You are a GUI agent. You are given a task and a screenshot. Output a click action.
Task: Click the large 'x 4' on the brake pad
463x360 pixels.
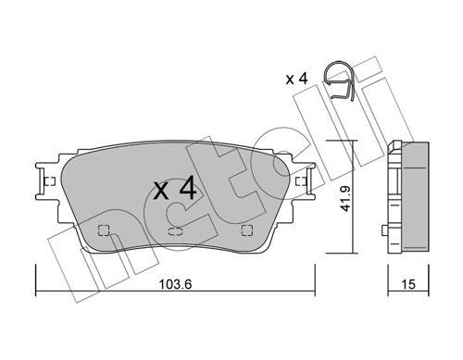point(174,190)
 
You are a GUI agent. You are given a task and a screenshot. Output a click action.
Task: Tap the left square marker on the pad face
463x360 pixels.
point(103,231)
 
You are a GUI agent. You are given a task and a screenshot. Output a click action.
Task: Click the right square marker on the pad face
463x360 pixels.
point(246,231)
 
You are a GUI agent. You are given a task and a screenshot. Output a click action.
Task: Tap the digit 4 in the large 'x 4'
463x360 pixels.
point(186,190)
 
